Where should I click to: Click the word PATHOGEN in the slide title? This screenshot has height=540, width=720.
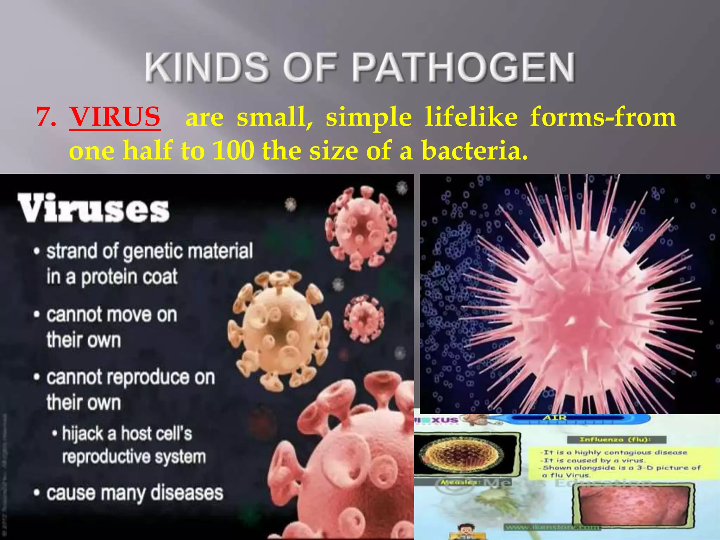463,67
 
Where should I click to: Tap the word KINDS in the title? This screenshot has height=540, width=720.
207,67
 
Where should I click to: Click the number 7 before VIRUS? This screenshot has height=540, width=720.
46,117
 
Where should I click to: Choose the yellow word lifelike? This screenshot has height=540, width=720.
471,117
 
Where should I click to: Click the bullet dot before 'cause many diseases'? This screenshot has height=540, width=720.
37,493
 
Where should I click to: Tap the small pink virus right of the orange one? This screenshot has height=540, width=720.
364,318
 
